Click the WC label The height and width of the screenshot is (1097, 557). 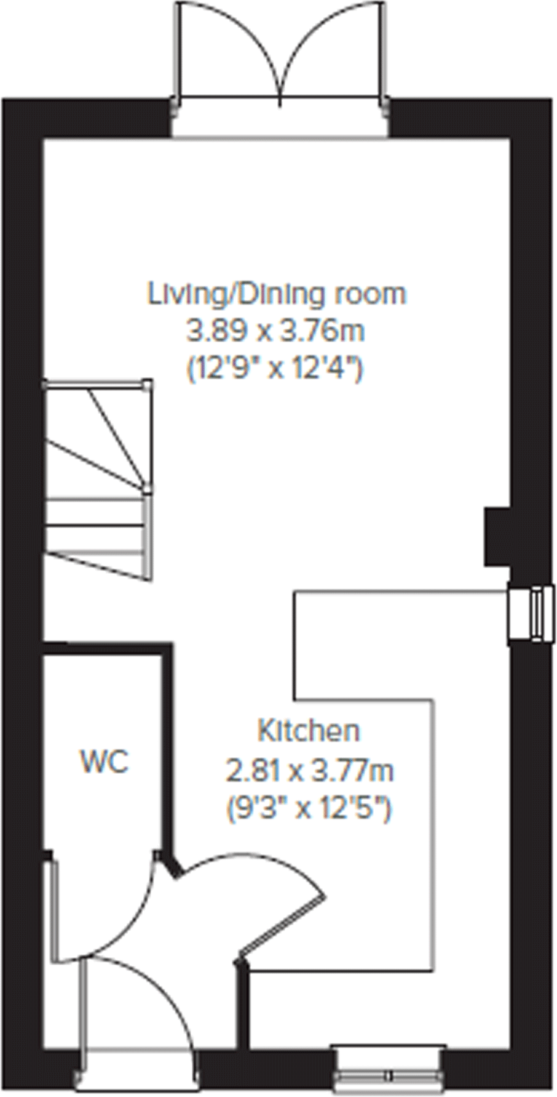(105, 761)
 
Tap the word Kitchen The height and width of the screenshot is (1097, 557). (308, 731)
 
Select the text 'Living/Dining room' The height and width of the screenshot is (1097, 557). (277, 294)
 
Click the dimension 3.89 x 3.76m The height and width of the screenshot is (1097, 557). (276, 331)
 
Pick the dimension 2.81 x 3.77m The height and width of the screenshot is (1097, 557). (310, 770)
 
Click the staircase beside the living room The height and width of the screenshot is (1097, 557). (98, 480)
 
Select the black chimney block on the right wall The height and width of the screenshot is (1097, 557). (497, 536)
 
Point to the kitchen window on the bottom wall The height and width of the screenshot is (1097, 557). (389, 1074)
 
